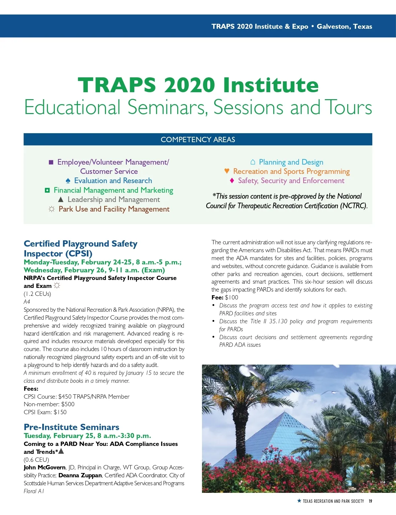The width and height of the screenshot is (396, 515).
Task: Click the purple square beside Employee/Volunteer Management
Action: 51,162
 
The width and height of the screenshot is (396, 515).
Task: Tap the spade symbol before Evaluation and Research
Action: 68,181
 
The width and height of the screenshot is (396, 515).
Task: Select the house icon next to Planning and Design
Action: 253,162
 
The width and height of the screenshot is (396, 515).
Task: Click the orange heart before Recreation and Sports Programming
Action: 227,171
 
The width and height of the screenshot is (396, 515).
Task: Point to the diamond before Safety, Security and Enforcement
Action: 232,180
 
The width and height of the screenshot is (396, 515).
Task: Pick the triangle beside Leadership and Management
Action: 60,200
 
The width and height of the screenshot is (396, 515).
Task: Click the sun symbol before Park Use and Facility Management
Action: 51,209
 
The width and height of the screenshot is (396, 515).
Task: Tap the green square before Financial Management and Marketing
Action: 47,190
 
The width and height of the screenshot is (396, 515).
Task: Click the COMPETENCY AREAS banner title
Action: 198,139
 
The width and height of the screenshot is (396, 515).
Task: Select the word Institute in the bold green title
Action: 271,85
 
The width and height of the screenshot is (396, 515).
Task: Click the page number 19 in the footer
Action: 370,501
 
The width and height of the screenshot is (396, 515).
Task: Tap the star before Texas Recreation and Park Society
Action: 299,501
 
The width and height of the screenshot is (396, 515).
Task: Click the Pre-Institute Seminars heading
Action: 71,427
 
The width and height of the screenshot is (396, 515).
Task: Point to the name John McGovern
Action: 45,467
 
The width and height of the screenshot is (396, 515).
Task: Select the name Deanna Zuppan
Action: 80,475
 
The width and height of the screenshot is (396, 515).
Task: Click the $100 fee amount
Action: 231,297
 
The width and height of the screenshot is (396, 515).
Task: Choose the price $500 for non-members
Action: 68,404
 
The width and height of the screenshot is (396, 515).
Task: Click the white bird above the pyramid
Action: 248,371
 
